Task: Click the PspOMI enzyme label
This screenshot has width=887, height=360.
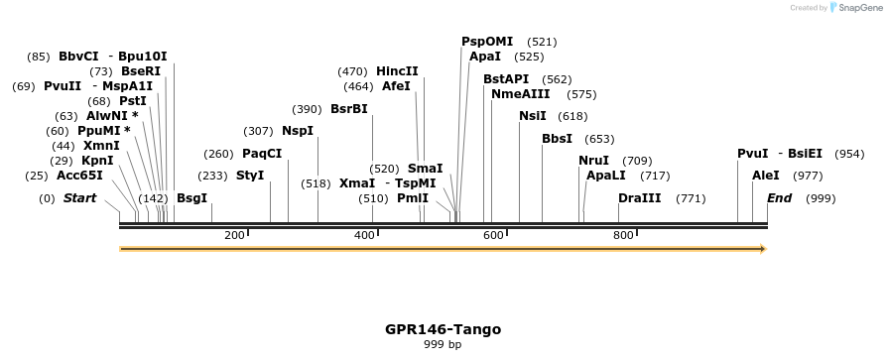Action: (x=487, y=42)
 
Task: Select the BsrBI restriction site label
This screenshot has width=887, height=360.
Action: (x=348, y=109)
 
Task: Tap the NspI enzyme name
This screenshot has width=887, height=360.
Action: (x=298, y=131)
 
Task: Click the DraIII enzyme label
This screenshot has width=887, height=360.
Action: (x=639, y=198)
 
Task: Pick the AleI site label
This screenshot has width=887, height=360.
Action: (x=766, y=176)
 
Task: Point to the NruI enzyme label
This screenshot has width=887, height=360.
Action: (x=593, y=161)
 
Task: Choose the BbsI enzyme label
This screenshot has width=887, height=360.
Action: (x=557, y=139)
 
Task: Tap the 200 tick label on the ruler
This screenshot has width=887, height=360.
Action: (x=234, y=235)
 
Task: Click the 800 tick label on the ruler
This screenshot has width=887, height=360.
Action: (x=623, y=235)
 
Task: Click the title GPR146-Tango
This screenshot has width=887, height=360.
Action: (x=443, y=329)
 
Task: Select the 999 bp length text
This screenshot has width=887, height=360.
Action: (x=443, y=345)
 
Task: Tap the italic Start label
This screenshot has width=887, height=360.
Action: (x=79, y=198)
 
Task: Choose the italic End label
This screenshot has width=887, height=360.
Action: (x=779, y=198)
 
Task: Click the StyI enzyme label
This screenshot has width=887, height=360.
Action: (x=250, y=176)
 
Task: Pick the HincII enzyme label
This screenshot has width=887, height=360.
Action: (x=397, y=71)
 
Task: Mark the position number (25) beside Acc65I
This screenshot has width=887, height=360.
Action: (x=37, y=176)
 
